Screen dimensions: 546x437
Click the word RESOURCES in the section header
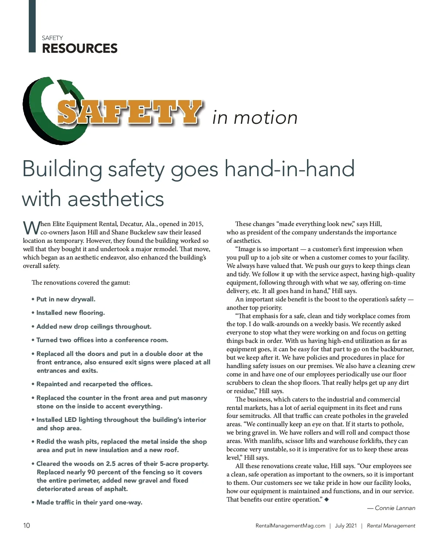pyautogui.click(x=80, y=48)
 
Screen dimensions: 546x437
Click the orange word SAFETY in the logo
pyautogui.click(x=129, y=112)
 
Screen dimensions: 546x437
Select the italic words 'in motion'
pyautogui.click(x=255, y=118)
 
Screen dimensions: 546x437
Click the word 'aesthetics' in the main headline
pyautogui.click(x=116, y=199)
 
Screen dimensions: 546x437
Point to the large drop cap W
pyautogui.click(x=31, y=228)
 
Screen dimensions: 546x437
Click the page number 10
pyautogui.click(x=27, y=525)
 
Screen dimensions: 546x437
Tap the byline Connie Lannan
pyautogui.click(x=395, y=508)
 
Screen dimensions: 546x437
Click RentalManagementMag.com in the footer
pyautogui.click(x=290, y=526)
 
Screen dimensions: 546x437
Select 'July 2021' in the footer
pyautogui.click(x=346, y=526)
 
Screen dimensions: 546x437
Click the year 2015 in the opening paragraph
pyautogui.click(x=196, y=224)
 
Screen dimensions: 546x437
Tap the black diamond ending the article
pyautogui.click(x=327, y=499)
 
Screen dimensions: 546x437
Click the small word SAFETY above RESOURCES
pyautogui.click(x=52, y=38)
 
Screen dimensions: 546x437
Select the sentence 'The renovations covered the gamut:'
pyautogui.click(x=81, y=282)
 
